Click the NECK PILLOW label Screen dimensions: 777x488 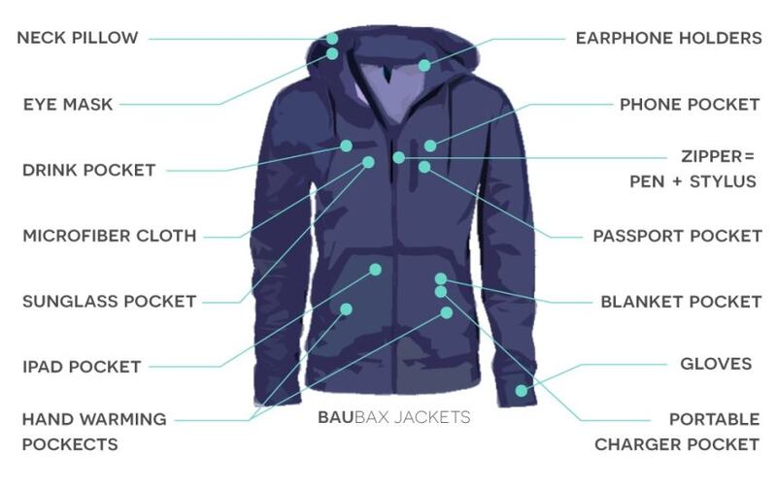78,38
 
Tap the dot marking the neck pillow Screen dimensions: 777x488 332,38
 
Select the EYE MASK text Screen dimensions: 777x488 68,105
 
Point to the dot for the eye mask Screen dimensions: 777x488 332,53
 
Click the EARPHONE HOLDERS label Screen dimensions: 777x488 668,38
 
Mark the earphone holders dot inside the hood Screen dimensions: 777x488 424,65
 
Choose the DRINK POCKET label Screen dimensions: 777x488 89,170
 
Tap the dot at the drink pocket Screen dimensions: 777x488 347,146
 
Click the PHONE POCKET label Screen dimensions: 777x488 690,105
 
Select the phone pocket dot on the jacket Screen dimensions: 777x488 430,146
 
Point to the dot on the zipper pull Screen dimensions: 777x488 398,157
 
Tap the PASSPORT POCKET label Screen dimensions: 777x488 677,236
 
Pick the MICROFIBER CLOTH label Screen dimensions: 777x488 110,236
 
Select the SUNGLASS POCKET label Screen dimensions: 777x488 110,302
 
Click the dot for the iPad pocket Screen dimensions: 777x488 375,270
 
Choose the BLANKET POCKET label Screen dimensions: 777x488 681,302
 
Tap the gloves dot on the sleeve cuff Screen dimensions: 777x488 522,391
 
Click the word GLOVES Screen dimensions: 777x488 716,364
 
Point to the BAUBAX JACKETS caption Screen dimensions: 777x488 394,417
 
